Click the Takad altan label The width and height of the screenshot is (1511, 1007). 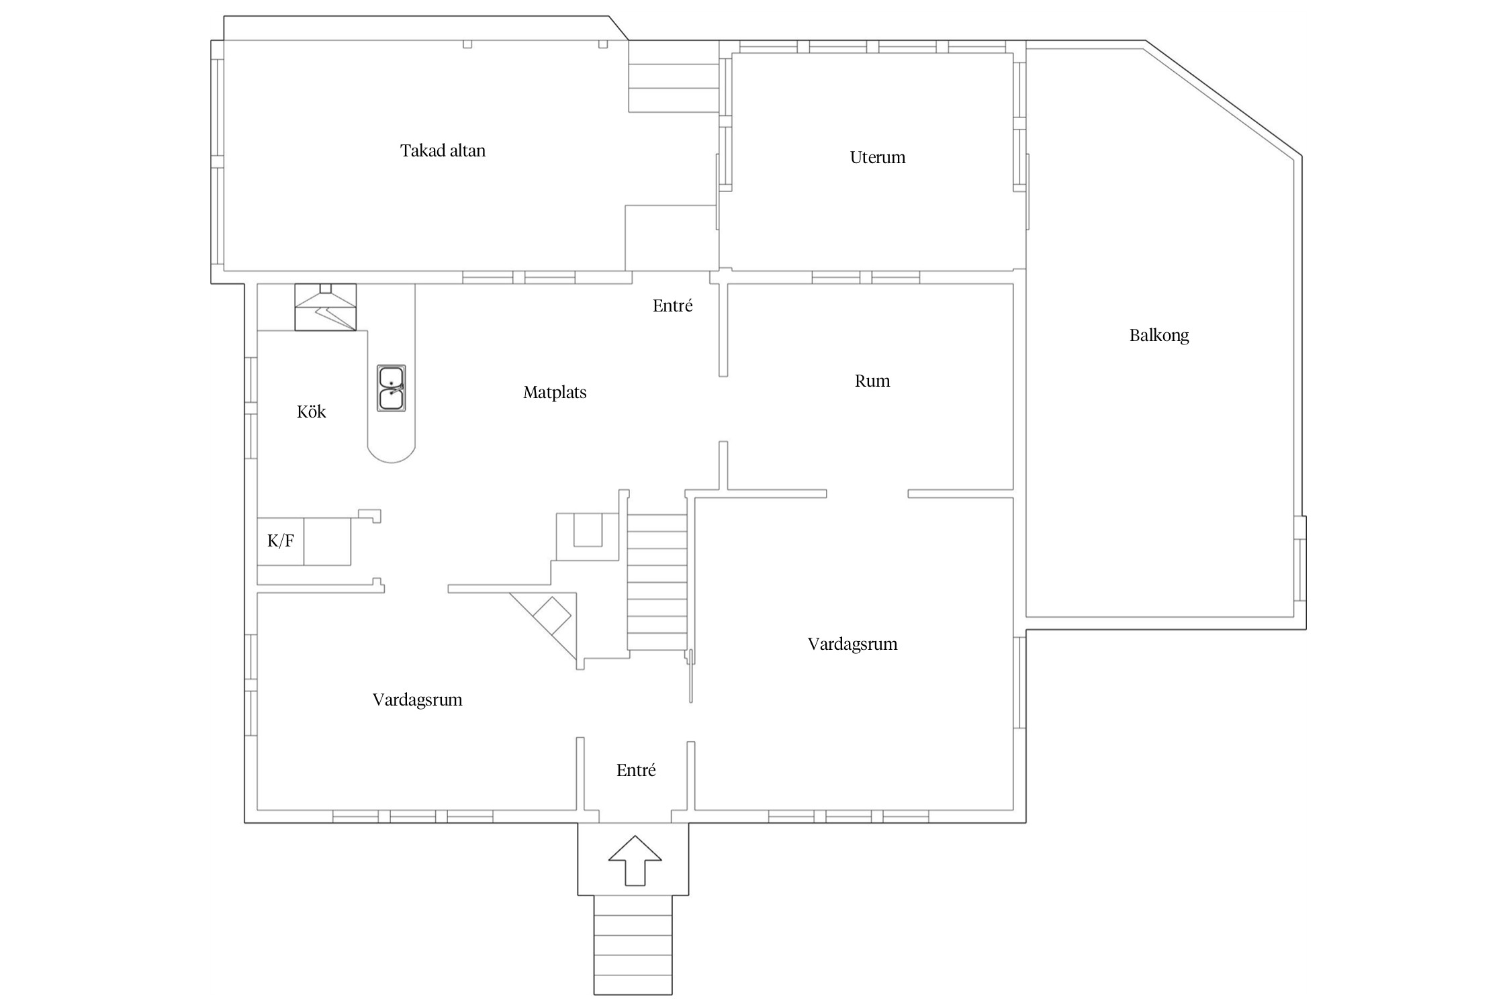443,150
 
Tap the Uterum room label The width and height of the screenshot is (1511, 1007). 877,157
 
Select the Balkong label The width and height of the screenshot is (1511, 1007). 1158,335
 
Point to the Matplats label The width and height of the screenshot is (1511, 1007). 555,392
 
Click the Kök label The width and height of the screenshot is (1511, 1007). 311,412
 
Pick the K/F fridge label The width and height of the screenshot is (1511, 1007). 281,540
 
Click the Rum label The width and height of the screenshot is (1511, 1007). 872,381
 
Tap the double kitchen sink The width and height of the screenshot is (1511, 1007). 391,388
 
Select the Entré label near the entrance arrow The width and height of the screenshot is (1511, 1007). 635,770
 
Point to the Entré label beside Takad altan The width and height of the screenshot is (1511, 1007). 672,305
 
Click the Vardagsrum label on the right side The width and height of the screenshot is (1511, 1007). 852,644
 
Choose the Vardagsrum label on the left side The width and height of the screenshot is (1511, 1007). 417,700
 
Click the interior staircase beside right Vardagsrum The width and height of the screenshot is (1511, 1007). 657,582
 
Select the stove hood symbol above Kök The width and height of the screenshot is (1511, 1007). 326,307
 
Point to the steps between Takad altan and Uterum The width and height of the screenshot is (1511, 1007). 674,87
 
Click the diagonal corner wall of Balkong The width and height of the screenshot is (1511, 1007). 1222,101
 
